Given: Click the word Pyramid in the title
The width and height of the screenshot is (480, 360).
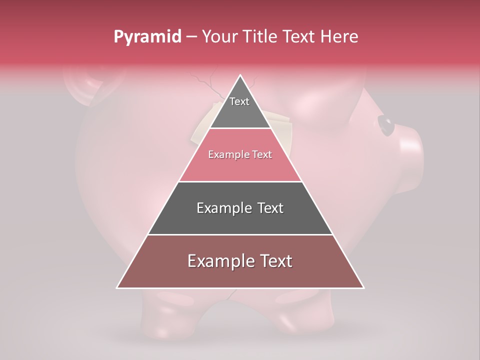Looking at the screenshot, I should tap(147, 37).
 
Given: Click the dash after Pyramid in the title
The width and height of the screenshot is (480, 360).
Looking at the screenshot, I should tap(191, 37).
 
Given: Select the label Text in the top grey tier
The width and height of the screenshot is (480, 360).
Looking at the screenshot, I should tap(239, 101).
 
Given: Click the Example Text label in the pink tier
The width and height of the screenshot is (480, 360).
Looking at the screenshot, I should tap(240, 154).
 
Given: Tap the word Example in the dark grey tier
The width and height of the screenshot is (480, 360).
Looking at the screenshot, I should tap(222, 208).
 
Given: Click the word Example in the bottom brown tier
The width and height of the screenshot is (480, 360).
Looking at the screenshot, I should tap(218, 261).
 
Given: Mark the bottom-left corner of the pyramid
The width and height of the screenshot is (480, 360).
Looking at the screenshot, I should tap(117, 288).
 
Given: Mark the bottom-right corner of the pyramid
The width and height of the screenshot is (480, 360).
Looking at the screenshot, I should tap(363, 288).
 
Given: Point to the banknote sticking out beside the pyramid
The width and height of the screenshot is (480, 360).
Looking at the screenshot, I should tap(282, 122).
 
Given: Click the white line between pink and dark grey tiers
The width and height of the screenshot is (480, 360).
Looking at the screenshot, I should tap(240, 181).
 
